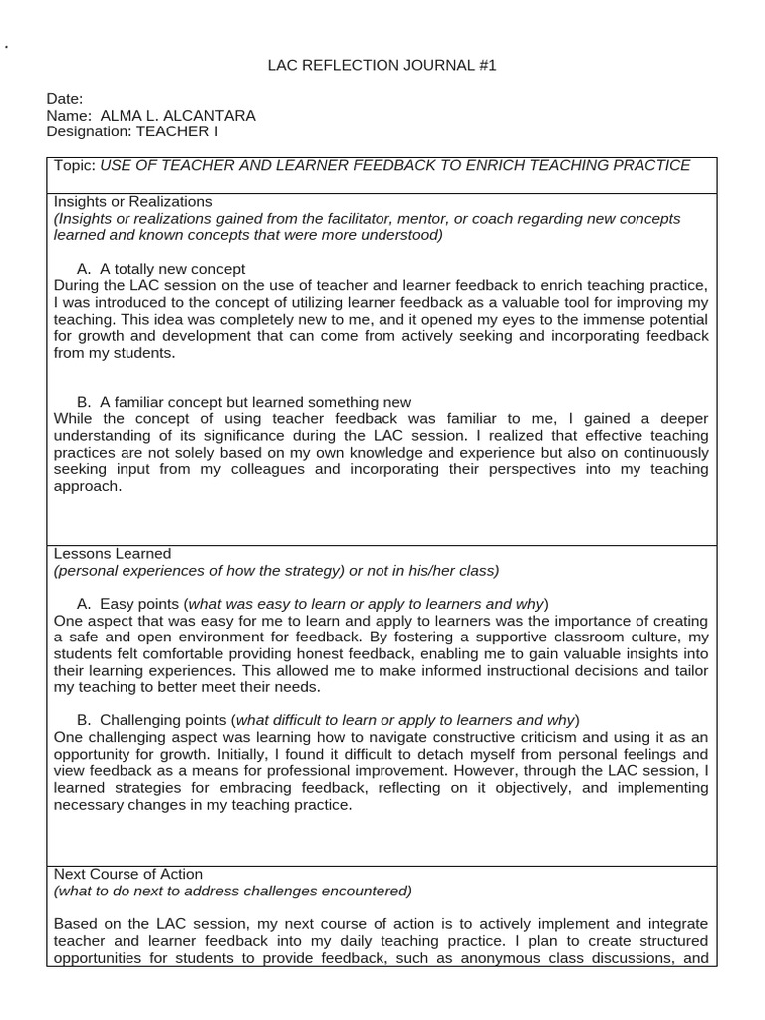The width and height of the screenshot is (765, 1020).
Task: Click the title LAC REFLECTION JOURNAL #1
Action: point(382,65)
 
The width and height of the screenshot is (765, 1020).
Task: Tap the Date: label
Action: point(65,99)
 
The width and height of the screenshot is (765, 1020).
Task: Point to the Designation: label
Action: point(90,130)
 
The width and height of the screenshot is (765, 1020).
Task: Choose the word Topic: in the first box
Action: point(75,165)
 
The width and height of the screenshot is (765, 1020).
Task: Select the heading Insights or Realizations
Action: point(132,201)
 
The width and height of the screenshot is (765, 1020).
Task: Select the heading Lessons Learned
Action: point(113,553)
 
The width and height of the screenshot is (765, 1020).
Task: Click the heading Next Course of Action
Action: point(128,874)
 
